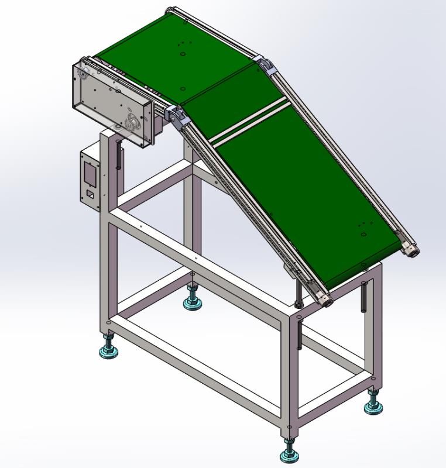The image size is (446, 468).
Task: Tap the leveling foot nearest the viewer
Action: (289, 453)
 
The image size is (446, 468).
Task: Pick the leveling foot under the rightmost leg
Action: (373, 407)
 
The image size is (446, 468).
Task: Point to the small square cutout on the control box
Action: (90, 193)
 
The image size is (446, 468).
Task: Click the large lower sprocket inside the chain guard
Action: (133, 123)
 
